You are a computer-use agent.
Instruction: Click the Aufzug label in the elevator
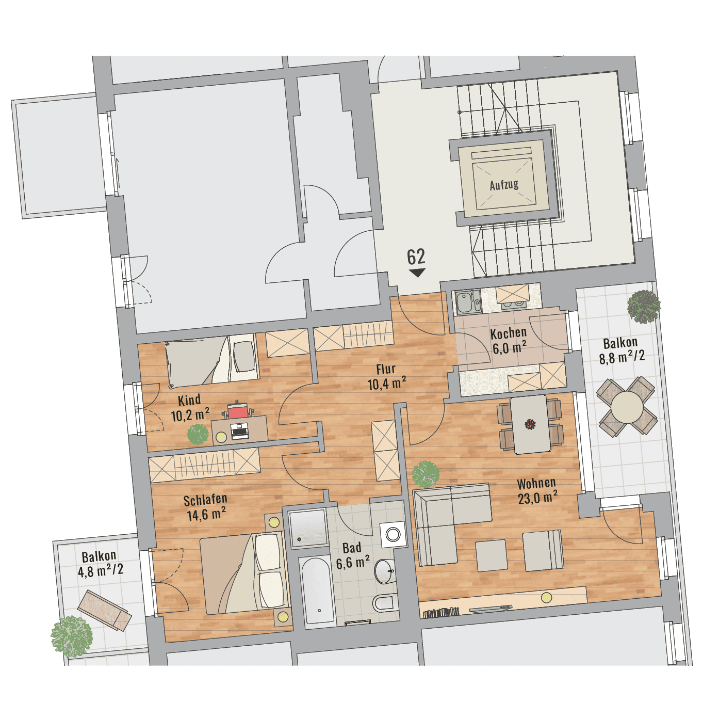pyautogui.click(x=504, y=185)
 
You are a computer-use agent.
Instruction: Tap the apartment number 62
pyautogui.click(x=416, y=257)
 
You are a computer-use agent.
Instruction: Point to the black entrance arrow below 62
pyautogui.click(x=417, y=273)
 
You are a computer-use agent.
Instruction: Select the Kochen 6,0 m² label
pyautogui.click(x=509, y=341)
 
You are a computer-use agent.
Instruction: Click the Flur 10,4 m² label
pyautogui.click(x=387, y=376)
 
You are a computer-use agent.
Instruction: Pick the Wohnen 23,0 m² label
pyautogui.click(x=537, y=491)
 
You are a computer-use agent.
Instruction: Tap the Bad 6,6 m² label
pyautogui.click(x=352, y=555)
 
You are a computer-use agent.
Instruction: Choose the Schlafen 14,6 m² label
pyautogui.click(x=206, y=507)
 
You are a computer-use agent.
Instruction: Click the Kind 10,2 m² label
pyautogui.click(x=190, y=408)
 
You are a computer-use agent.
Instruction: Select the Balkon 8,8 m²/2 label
pyautogui.click(x=621, y=350)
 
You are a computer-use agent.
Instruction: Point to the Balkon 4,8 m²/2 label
pyautogui.click(x=100, y=564)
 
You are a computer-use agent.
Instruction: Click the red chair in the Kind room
pyautogui.click(x=238, y=411)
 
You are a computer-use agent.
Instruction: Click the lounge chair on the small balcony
pyautogui.click(x=105, y=610)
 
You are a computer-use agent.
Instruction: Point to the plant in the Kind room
pyautogui.click(x=198, y=434)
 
